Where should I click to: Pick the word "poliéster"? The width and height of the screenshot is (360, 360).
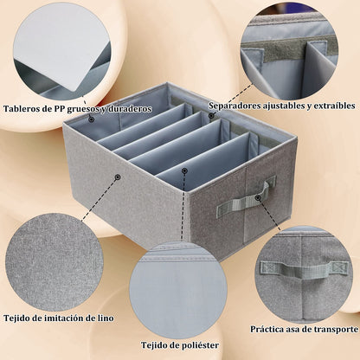(x=199, y=345)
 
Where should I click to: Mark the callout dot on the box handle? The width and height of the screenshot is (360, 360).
(x=258, y=197)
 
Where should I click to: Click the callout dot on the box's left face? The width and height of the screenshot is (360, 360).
(x=117, y=177)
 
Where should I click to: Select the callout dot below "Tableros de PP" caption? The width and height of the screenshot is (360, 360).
(x=92, y=119)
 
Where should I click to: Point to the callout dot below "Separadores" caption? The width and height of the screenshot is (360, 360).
(x=211, y=115)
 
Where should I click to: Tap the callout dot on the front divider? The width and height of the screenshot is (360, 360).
(x=183, y=170)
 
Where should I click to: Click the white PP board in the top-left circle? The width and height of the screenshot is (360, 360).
(x=62, y=46)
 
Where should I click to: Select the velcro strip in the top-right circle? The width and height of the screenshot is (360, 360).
(x=288, y=49)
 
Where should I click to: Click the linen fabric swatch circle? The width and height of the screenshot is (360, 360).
(x=54, y=261)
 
